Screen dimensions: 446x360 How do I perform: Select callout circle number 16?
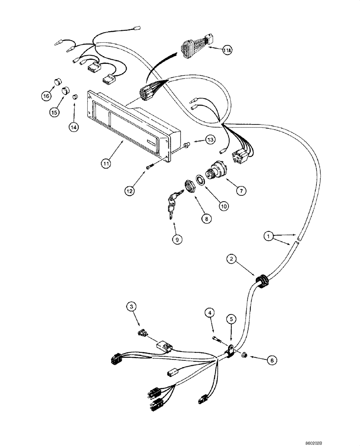[46, 95]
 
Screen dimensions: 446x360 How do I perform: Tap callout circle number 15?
[54, 112]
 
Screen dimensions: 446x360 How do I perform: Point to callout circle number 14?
[74, 127]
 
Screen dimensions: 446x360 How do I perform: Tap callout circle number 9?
[177, 239]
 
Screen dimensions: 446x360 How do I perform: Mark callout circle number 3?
[131, 306]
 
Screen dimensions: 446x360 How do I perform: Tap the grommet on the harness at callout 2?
[261, 280]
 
